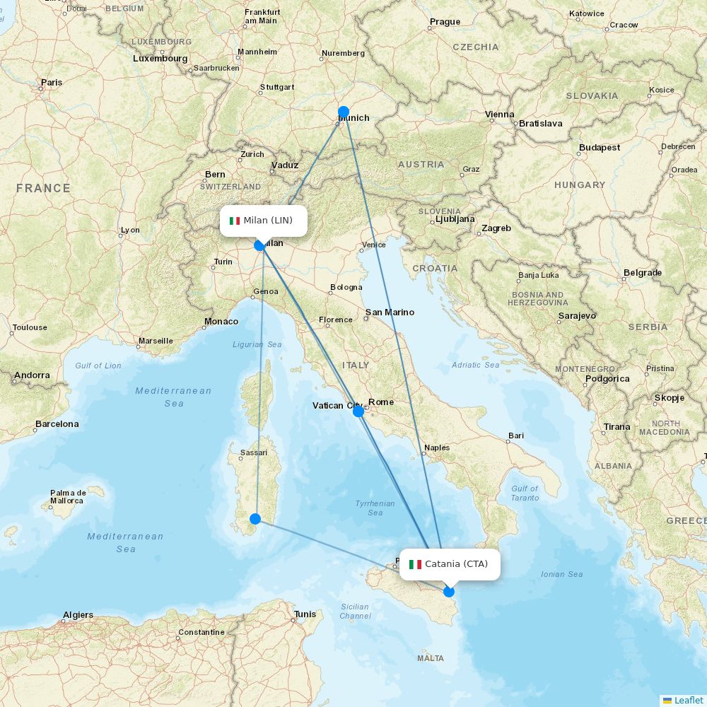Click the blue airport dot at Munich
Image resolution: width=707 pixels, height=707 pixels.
point(344,112)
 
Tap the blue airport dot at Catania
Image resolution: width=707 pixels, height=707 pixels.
point(449,591)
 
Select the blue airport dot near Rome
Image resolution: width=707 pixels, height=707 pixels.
point(358,411)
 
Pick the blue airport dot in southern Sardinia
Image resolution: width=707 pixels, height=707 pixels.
point(255,519)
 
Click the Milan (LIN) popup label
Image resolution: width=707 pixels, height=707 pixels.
point(264,221)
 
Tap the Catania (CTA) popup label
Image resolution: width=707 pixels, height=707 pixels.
point(450,564)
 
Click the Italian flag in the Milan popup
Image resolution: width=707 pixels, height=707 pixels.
point(235,221)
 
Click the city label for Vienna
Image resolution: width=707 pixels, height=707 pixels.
point(500,115)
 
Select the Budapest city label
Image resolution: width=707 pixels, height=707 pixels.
point(600,148)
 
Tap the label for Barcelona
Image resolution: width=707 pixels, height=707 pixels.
point(57,424)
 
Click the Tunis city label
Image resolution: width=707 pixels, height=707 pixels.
point(305,614)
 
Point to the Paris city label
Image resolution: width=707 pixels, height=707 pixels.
point(52,83)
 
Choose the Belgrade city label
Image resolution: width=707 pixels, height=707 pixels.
point(643,273)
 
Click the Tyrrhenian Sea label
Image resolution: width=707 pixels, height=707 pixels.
point(375,508)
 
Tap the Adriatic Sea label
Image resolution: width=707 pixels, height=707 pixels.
point(476,365)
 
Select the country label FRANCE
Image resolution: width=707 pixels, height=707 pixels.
point(44,188)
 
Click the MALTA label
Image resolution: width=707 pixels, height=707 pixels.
point(431,658)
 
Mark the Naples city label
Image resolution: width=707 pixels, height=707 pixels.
point(437,448)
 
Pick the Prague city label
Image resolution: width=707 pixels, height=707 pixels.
point(445,22)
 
